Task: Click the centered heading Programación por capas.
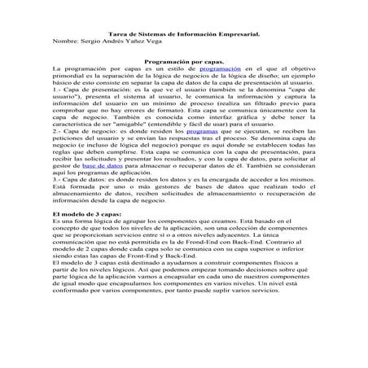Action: (x=183, y=62)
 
